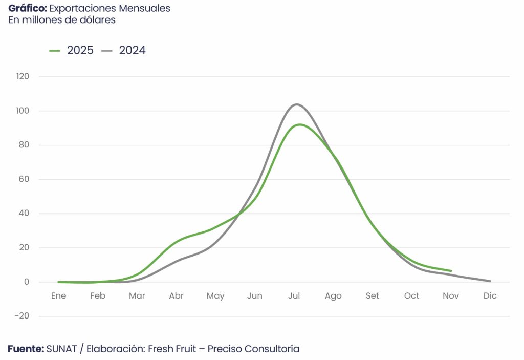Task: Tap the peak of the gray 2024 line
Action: pyautogui.click(x=296, y=104)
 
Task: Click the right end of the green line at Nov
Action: pyautogui.click(x=450, y=270)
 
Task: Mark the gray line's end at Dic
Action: pyautogui.click(x=490, y=281)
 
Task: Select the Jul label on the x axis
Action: pyautogui.click(x=294, y=296)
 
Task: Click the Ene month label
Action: pyautogui.click(x=58, y=296)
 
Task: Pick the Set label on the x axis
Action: pyautogui.click(x=373, y=296)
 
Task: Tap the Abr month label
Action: pyautogui.click(x=176, y=296)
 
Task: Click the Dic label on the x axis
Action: pyautogui.click(x=490, y=296)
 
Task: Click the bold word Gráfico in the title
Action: pyautogui.click(x=27, y=9)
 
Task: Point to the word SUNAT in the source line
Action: pyautogui.click(x=61, y=349)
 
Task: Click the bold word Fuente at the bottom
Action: pyautogui.click(x=26, y=349)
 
